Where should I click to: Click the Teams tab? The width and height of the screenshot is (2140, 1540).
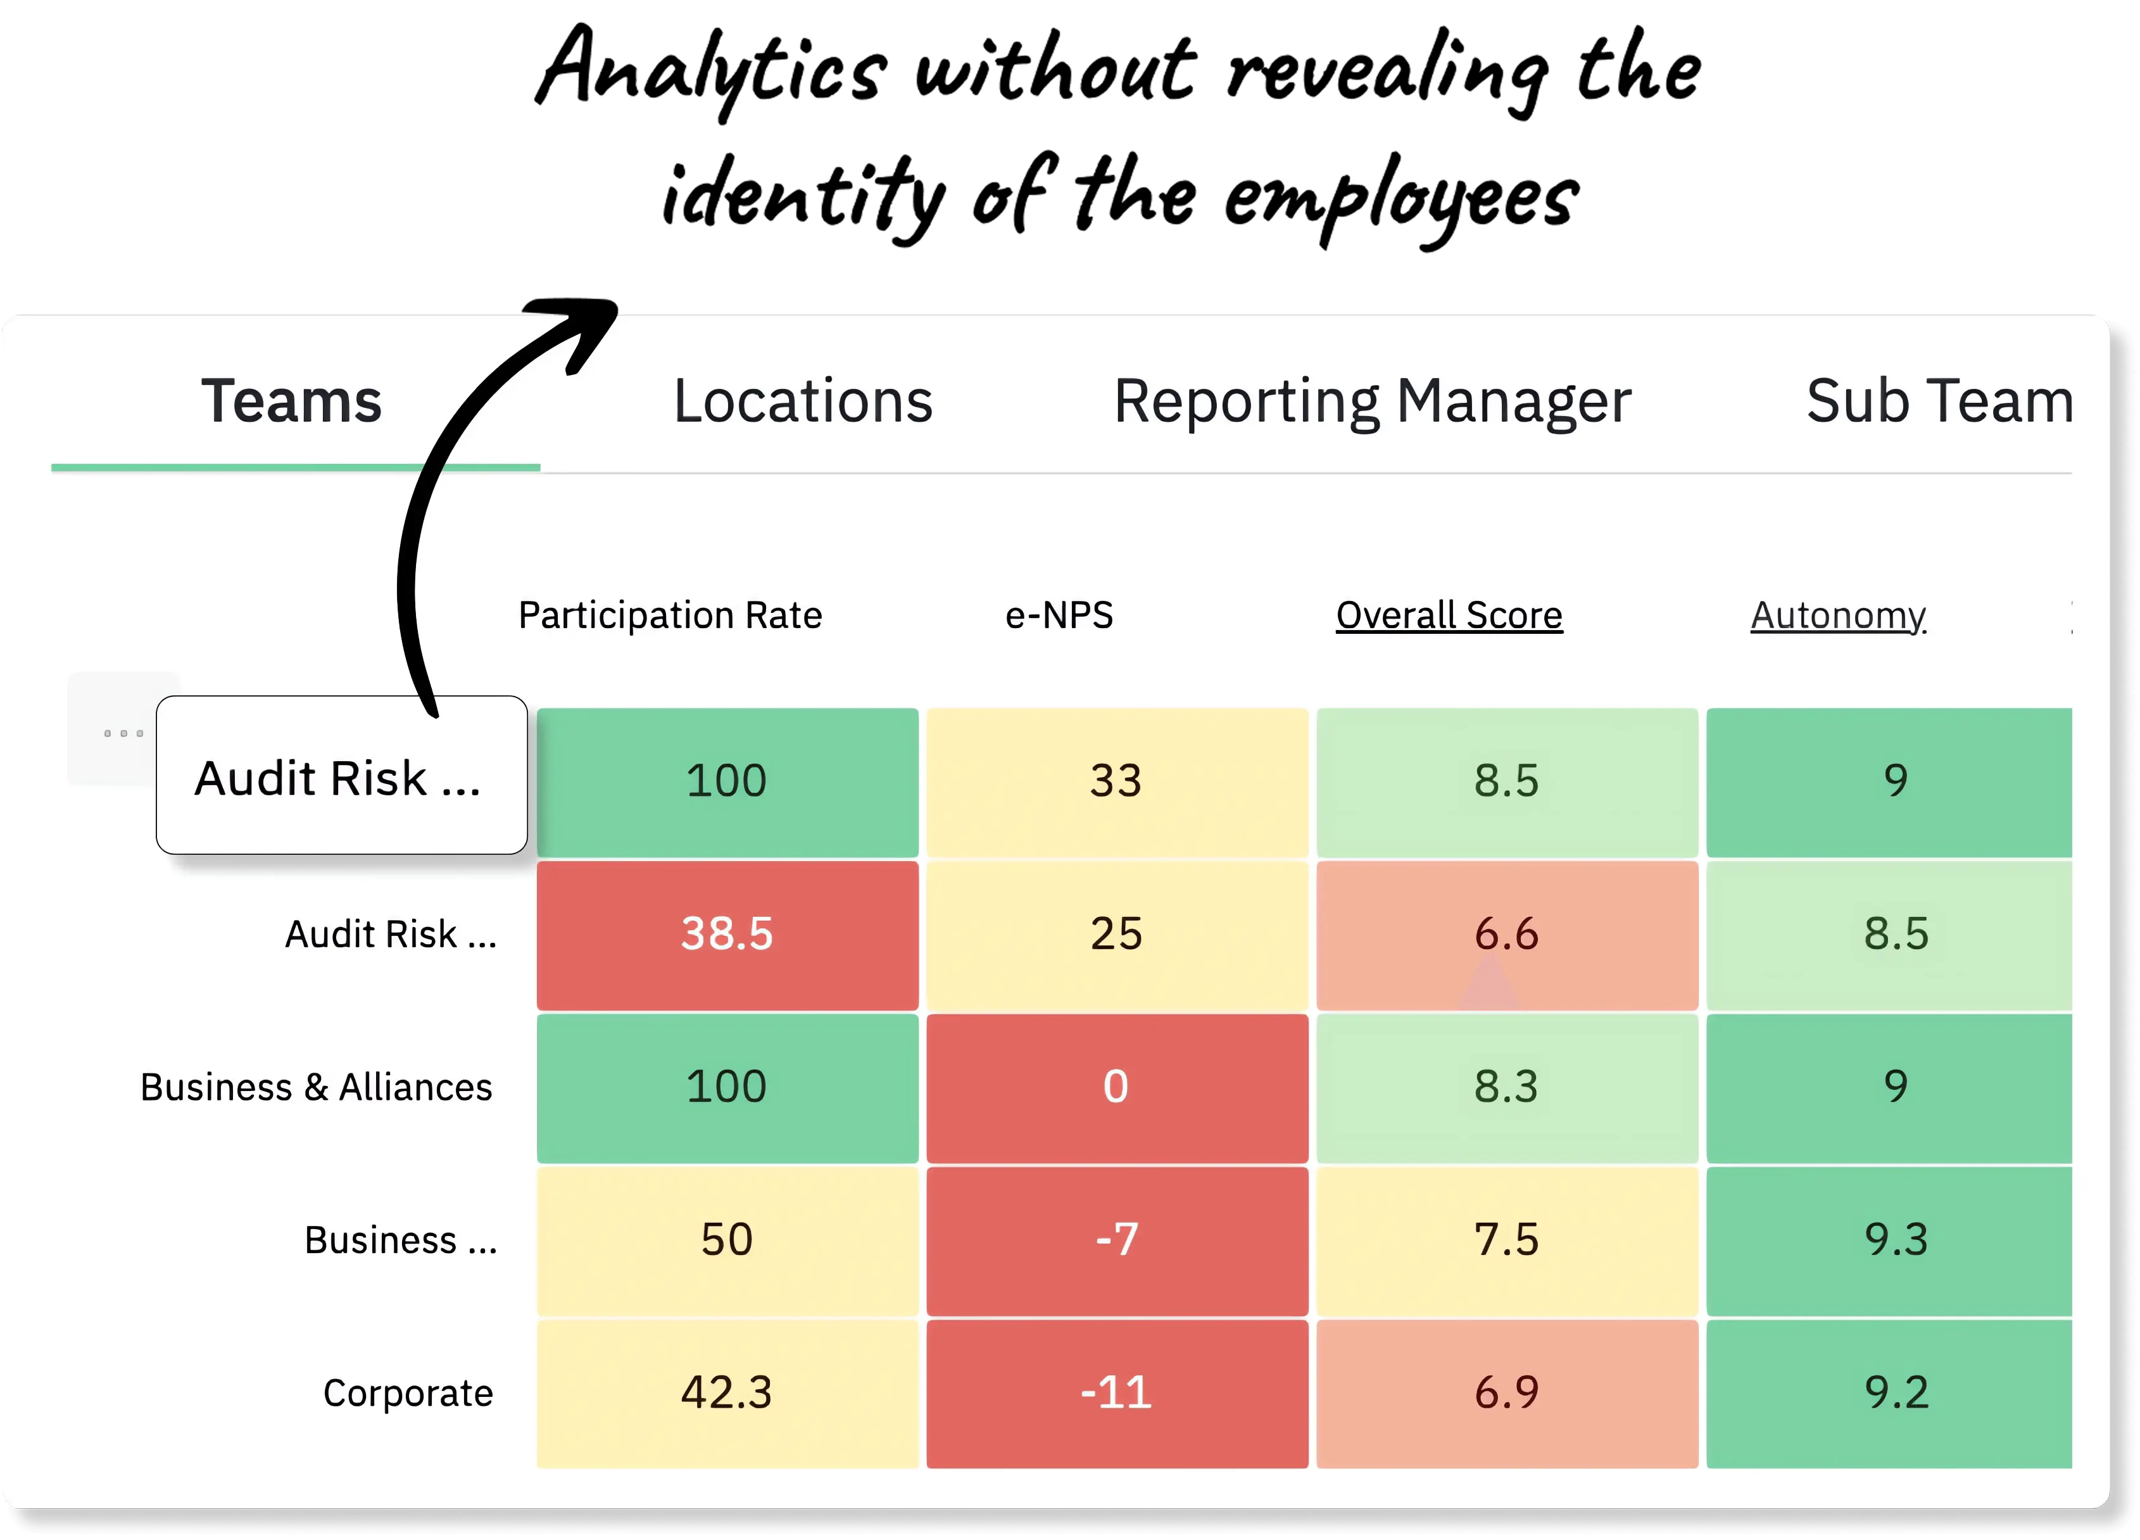292,401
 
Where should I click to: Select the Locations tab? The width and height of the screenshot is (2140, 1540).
803,401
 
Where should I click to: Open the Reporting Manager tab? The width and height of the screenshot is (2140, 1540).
1372,401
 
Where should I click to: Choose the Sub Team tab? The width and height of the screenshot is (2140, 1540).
1939,401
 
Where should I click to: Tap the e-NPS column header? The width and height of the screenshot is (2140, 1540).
1059,615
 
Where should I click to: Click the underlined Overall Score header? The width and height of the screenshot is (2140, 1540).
1449,615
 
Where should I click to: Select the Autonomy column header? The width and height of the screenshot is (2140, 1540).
1837,615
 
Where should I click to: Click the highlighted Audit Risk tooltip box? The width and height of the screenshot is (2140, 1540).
341,776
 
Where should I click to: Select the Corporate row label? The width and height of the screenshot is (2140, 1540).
408,1393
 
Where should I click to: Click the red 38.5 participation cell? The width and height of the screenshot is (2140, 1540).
727,934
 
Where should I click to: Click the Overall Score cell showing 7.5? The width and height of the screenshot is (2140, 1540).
1506,1240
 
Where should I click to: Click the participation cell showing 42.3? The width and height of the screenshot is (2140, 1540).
727,1393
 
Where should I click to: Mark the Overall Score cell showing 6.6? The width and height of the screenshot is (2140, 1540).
1506,934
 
